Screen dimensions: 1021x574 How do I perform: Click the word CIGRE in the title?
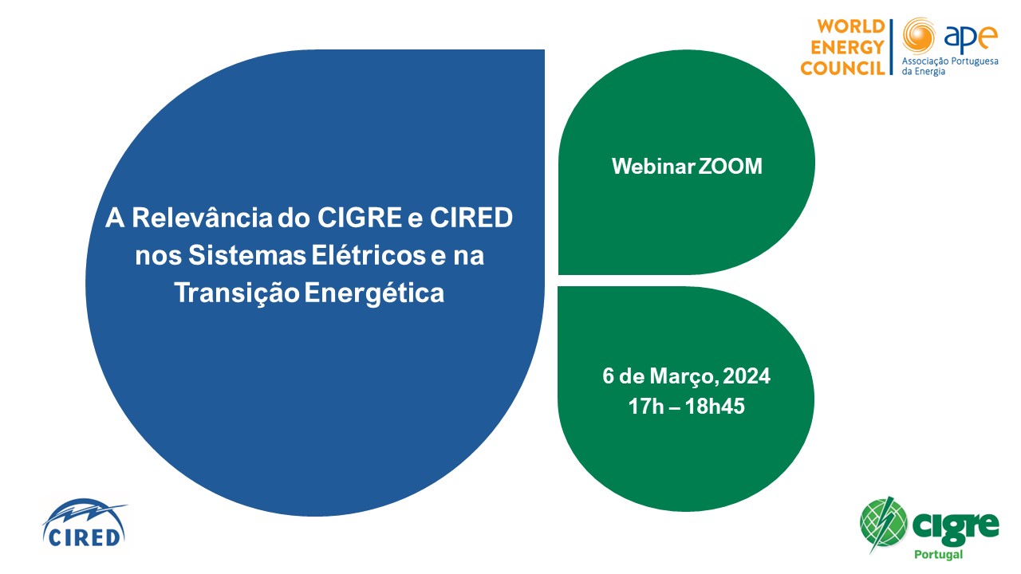point(359,218)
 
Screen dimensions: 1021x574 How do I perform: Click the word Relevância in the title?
point(202,218)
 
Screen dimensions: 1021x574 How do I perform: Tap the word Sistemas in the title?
point(247,255)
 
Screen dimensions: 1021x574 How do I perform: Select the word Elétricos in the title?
point(369,255)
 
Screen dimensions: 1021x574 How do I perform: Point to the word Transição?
point(237,293)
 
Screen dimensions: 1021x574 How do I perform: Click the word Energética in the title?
point(374,293)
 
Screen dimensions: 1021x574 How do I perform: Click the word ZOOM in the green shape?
point(730,167)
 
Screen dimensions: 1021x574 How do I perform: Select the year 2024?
point(747,376)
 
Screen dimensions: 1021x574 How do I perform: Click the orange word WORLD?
point(851,26)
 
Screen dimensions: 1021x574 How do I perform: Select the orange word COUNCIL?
point(843,69)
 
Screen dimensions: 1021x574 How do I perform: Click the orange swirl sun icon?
point(919,36)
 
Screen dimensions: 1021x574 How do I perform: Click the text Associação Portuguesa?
point(950,61)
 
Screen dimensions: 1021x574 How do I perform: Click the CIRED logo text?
point(84,537)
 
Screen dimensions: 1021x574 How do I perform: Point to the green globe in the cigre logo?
point(883,523)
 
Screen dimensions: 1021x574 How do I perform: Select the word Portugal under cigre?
point(939,554)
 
